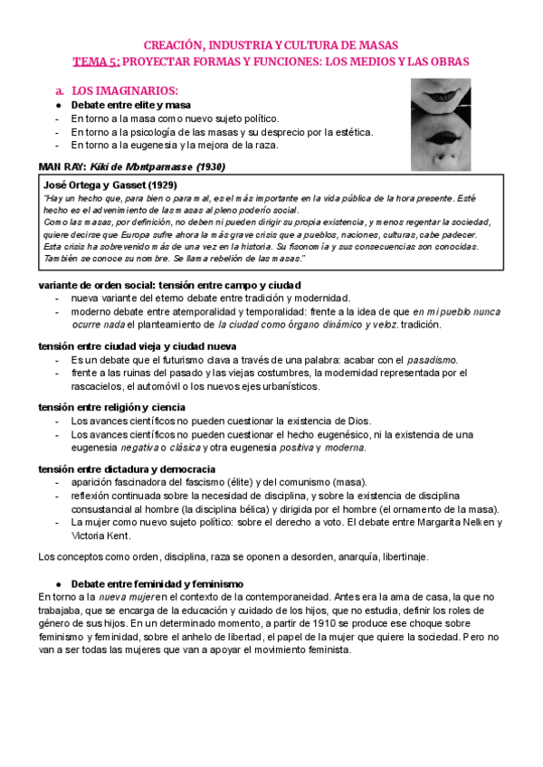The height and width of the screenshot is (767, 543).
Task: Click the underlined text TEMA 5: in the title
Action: (x=95, y=61)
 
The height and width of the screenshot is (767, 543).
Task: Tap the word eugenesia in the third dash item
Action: (x=154, y=145)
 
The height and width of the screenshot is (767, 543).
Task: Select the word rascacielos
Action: (x=100, y=386)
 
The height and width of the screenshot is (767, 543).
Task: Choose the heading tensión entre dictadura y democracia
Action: (x=127, y=469)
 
